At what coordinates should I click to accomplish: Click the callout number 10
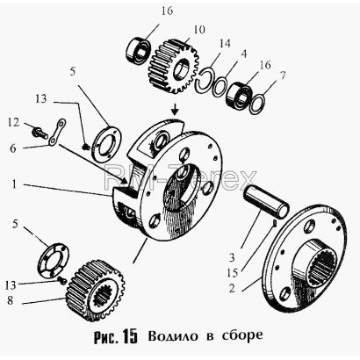coord(199,30)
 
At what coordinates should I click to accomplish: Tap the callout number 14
coord(224,43)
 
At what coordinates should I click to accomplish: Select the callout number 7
coord(282,76)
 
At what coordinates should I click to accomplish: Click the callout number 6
coord(12,148)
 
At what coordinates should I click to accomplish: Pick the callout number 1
coord(13,184)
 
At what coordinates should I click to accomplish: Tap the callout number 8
coord(11,300)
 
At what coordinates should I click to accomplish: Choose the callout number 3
coord(232,257)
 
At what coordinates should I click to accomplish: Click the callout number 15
coord(232,273)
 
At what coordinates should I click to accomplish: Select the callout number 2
coord(232,289)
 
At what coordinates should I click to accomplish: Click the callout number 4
coord(243,54)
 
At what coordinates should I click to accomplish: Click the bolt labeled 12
coord(40,133)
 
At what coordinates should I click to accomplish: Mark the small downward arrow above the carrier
coord(175,109)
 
